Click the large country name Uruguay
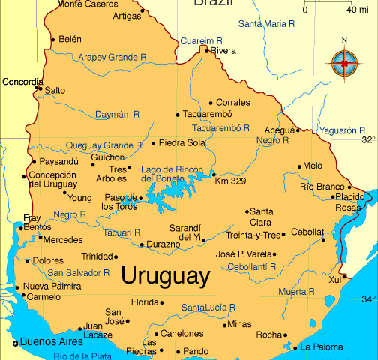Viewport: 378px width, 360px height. tap(165, 275)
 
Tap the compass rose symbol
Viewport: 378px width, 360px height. tap(344, 62)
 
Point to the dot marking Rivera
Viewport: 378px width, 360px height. tap(206, 50)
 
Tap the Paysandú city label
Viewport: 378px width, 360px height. tap(58, 160)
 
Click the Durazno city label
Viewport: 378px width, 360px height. tap(163, 244)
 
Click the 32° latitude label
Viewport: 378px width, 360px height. tap(368, 139)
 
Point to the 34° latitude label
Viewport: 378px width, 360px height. tap(368, 299)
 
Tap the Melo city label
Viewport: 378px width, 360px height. tap(313, 166)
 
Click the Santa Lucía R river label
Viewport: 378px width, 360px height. tap(208, 307)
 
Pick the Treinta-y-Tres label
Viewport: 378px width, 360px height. tap(253, 235)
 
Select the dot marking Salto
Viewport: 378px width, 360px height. tap(39, 89)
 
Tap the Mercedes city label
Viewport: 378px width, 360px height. tap(63, 240)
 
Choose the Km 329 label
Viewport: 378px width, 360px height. tap(230, 181)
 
